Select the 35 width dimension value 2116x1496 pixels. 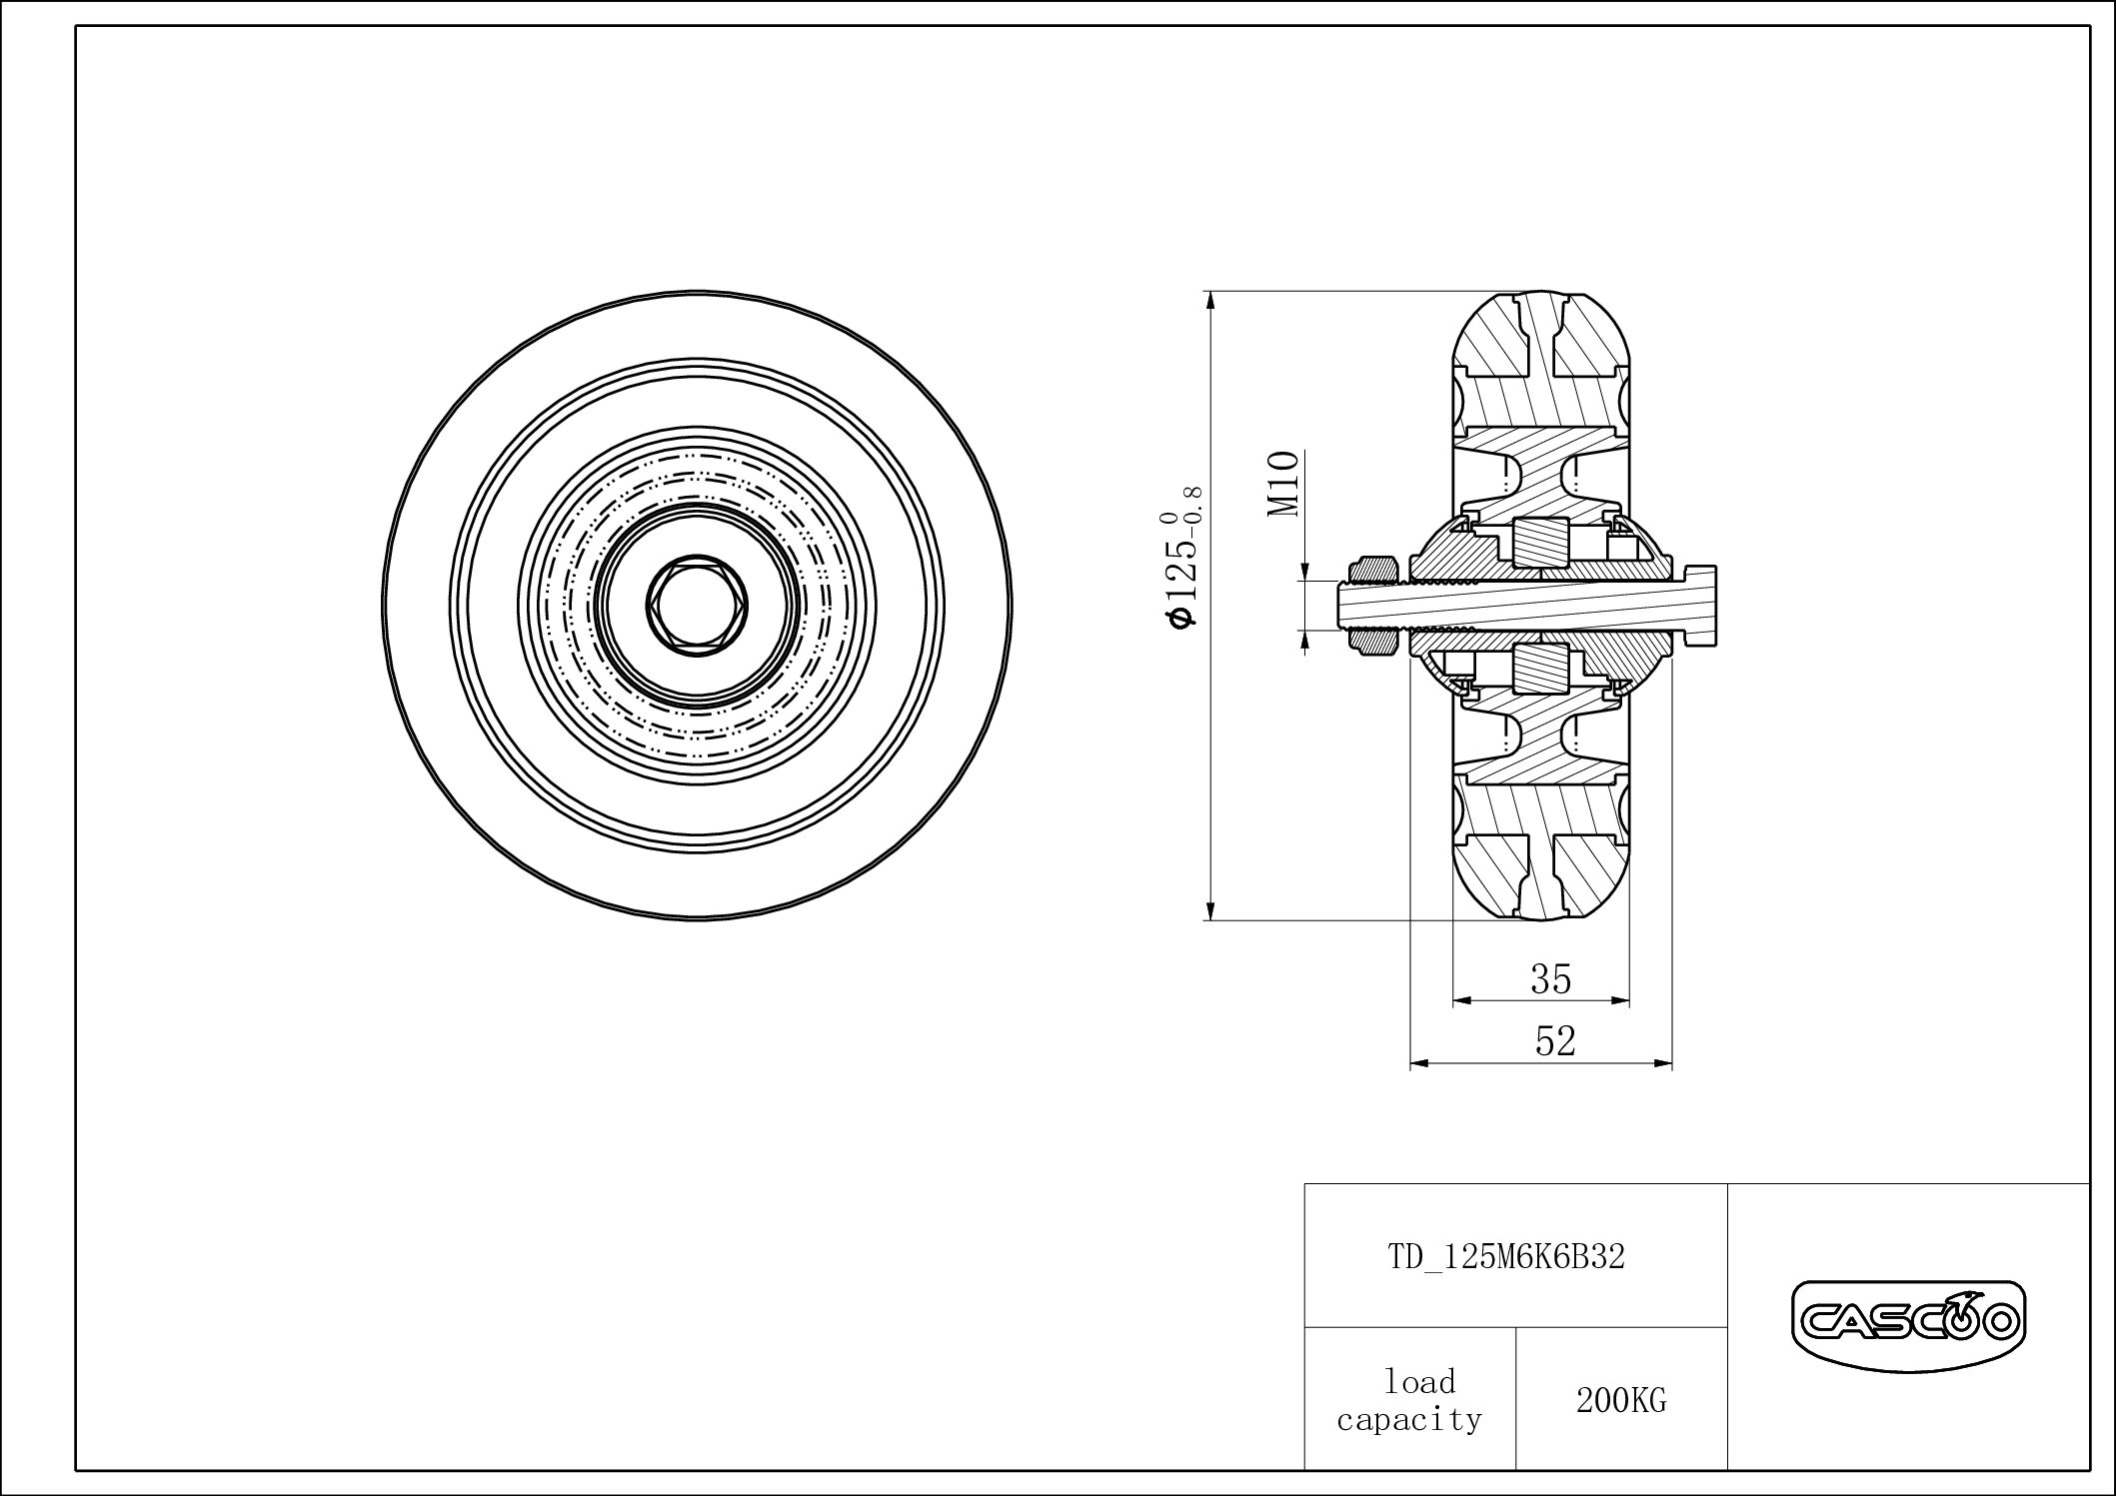(1551, 979)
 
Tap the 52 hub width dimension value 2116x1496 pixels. (1555, 1042)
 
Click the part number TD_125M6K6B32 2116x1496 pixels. (1506, 1256)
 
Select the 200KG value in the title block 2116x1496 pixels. (1621, 1401)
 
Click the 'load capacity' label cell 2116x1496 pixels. (1409, 1400)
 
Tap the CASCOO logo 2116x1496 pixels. (1907, 1323)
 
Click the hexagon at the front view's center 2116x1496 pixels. (697, 607)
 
